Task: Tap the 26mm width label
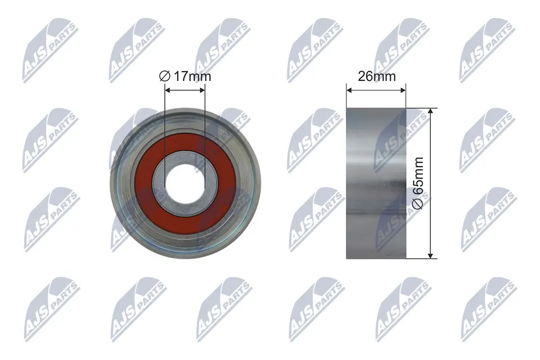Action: (x=377, y=76)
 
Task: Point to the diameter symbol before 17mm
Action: (x=165, y=76)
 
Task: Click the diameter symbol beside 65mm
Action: (x=418, y=204)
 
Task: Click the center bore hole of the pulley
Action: (x=185, y=183)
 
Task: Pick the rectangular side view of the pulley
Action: (x=376, y=183)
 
